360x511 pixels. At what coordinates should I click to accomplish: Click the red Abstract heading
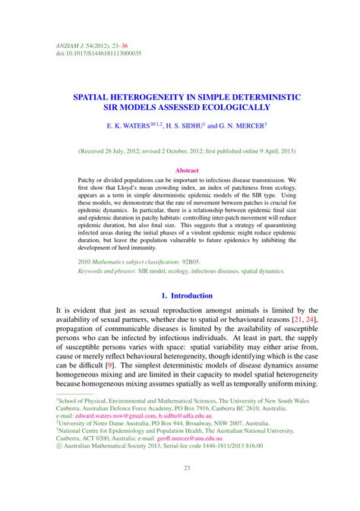click(x=186, y=171)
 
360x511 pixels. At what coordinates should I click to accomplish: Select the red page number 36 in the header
click(x=124, y=46)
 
